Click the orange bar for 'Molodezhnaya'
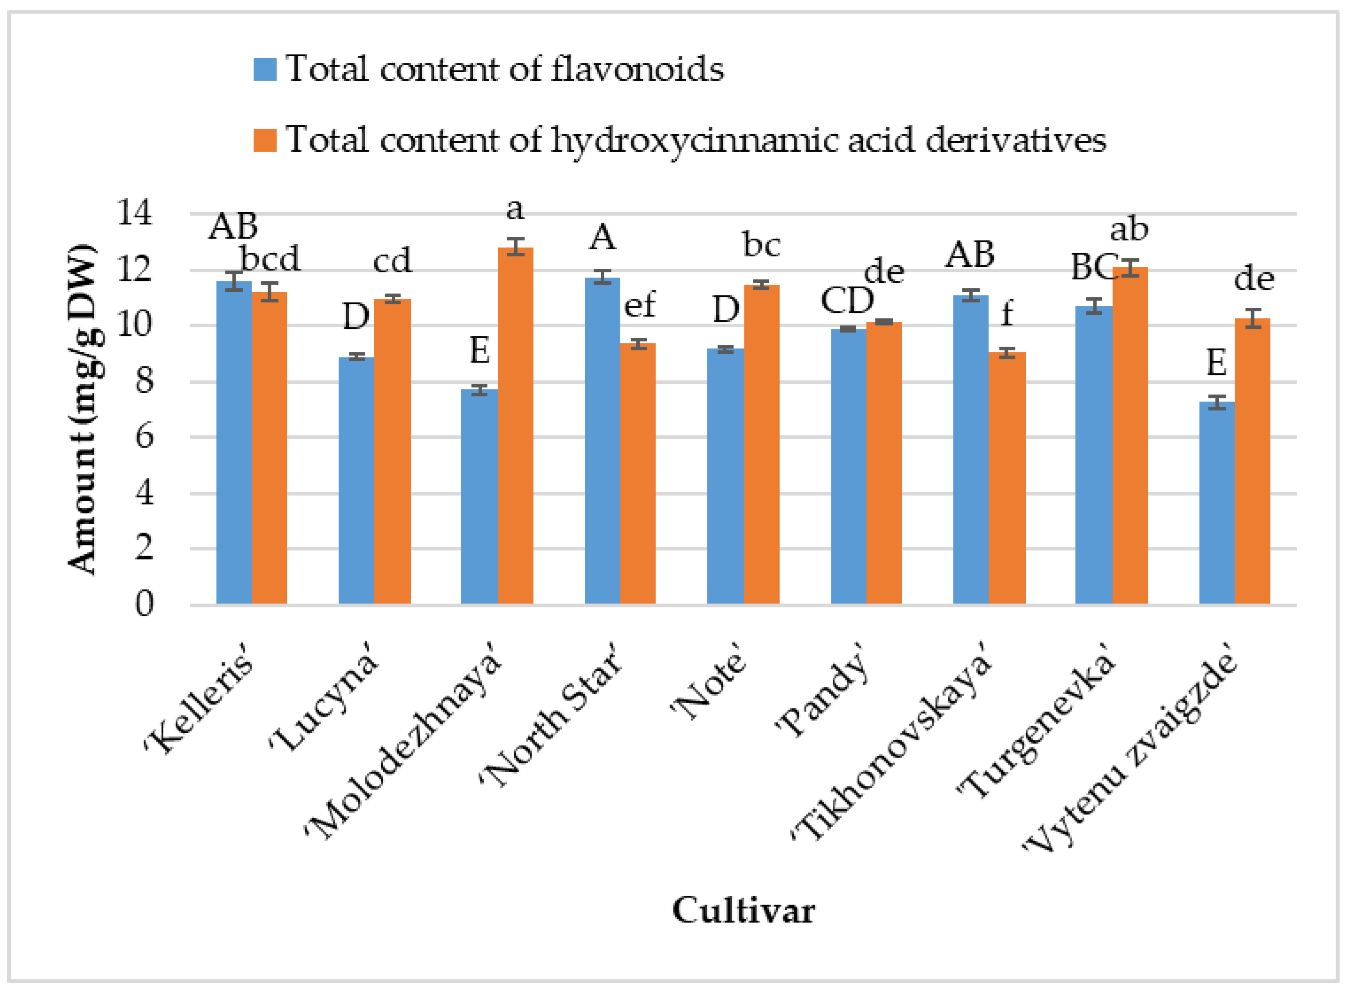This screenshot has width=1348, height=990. (x=515, y=425)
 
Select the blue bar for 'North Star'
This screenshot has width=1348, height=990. (x=602, y=441)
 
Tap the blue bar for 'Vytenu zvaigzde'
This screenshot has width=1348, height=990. (x=1217, y=503)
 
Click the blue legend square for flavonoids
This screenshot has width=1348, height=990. (x=265, y=70)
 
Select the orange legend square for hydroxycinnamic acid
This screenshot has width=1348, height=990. (x=265, y=140)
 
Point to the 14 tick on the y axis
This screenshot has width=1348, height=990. (x=135, y=212)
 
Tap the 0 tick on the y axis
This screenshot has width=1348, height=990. (x=144, y=604)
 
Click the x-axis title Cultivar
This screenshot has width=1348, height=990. (x=743, y=911)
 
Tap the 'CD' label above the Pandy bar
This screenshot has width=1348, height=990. (x=847, y=300)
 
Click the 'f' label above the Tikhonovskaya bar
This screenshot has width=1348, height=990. (x=1007, y=313)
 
